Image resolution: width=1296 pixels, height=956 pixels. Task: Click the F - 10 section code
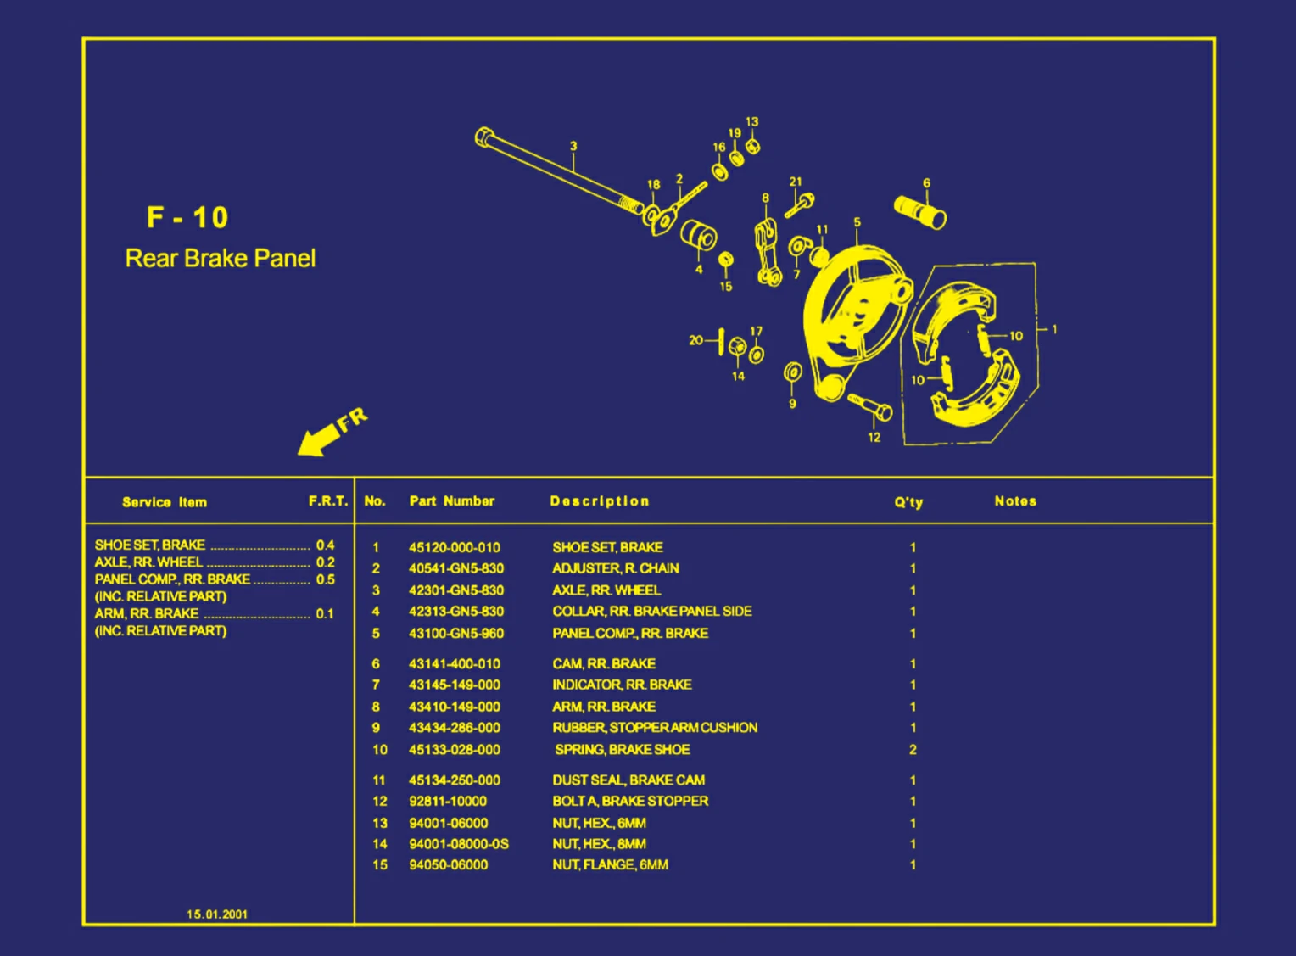[187, 217]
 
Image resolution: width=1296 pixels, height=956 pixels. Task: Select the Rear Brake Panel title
[220, 258]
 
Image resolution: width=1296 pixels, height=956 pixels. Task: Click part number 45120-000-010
[454, 548]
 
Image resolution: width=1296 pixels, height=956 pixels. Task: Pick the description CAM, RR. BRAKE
[604, 664]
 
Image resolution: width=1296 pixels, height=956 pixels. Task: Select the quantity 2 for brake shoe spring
[913, 750]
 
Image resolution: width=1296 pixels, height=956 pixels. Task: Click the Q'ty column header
[908, 502]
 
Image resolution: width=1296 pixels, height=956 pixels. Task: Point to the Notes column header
[1015, 501]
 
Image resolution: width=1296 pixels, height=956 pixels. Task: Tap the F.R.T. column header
[328, 501]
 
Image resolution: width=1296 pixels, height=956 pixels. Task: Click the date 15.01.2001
[217, 914]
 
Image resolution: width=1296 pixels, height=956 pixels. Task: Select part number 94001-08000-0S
[458, 844]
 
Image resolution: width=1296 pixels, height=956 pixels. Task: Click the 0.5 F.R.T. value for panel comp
[325, 579]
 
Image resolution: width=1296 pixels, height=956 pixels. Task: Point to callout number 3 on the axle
[573, 146]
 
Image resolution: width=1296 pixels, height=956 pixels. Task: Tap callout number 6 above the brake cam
[926, 183]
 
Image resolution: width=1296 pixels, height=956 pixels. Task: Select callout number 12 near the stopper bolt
[874, 438]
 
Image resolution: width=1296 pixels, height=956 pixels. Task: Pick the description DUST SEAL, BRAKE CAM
[628, 780]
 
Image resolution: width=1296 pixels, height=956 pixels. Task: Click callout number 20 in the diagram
[695, 340]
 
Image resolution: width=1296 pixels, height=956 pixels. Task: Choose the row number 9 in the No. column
[376, 728]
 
